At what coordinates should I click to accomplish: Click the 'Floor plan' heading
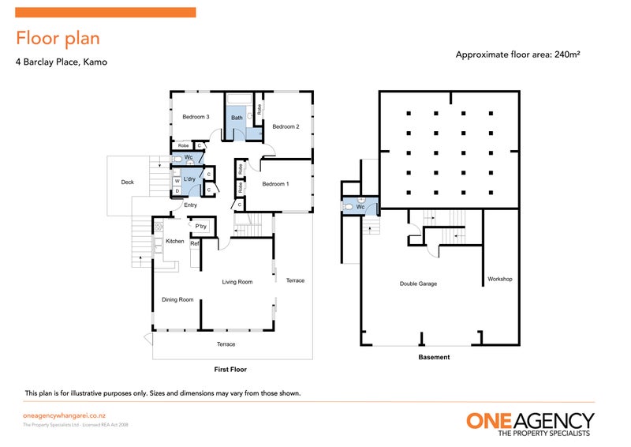click(x=58, y=38)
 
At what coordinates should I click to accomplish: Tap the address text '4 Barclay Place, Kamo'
click(x=62, y=62)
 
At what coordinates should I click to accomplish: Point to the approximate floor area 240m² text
click(x=517, y=54)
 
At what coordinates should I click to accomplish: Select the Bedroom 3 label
click(x=196, y=117)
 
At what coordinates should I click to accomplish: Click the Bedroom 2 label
click(x=286, y=126)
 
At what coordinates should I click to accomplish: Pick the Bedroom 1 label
click(x=276, y=184)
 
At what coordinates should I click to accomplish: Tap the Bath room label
click(x=237, y=118)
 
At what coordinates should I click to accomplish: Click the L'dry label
click(x=189, y=179)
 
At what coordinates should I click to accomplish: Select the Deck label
click(x=128, y=182)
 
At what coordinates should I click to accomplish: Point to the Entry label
click(x=190, y=205)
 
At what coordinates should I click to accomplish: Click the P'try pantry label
click(x=201, y=227)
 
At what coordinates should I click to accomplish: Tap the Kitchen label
click(x=175, y=241)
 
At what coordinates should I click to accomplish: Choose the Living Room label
click(x=237, y=281)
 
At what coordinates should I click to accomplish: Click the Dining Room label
click(x=177, y=299)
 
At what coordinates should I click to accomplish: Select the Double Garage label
click(x=418, y=284)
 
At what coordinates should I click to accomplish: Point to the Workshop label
click(x=500, y=279)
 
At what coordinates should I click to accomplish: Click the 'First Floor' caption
click(x=231, y=369)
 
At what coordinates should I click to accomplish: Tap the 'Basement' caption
click(x=434, y=357)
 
